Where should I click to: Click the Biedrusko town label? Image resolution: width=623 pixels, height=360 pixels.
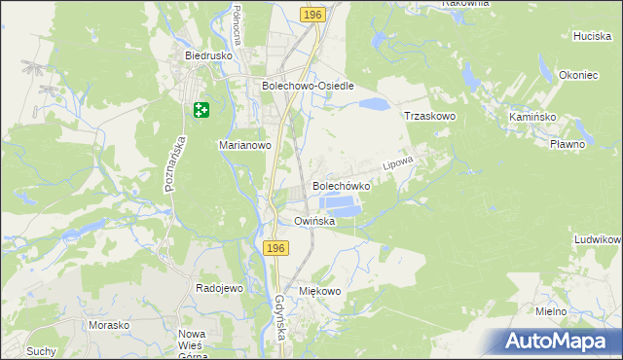click(x=206, y=55)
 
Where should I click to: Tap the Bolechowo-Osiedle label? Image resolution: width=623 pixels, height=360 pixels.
click(x=307, y=86)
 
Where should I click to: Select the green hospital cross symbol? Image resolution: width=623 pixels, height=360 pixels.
click(x=202, y=111)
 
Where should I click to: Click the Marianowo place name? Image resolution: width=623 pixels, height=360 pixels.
click(x=243, y=145)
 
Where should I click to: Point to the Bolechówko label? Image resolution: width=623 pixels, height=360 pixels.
click(x=341, y=185)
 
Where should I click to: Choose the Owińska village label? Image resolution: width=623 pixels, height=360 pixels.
click(x=315, y=221)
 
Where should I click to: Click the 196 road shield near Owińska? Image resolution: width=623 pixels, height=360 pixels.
click(x=275, y=250)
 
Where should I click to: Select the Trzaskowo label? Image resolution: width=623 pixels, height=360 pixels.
click(x=430, y=116)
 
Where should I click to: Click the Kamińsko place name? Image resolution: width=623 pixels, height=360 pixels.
click(x=531, y=116)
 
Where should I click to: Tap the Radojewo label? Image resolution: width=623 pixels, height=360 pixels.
click(x=219, y=289)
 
